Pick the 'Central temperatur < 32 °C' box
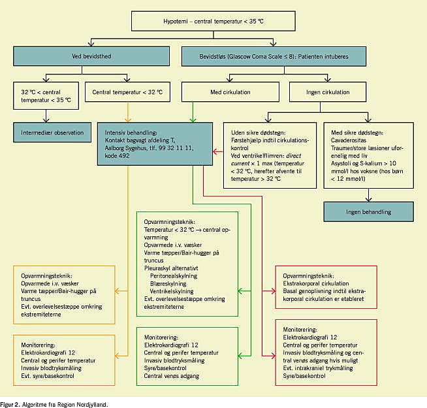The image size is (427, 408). tap(127, 92)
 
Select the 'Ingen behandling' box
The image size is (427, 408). tap(369, 212)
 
